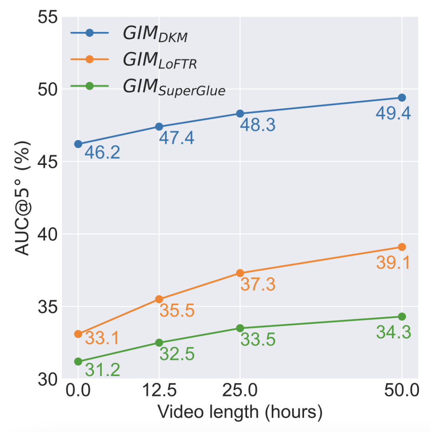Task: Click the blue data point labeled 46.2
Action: [x=78, y=144]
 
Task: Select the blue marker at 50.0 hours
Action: [x=402, y=98]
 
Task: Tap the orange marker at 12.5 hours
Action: [x=159, y=299]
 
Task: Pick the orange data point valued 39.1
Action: [x=402, y=247]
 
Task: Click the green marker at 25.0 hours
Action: [x=240, y=328]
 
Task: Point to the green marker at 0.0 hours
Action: [x=78, y=362]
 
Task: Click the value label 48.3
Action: [x=257, y=125]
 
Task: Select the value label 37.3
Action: [x=257, y=285]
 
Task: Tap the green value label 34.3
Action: [x=393, y=332]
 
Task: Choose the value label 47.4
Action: [x=176, y=138]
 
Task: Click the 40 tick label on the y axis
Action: [x=48, y=234]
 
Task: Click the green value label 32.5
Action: [x=176, y=354]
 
